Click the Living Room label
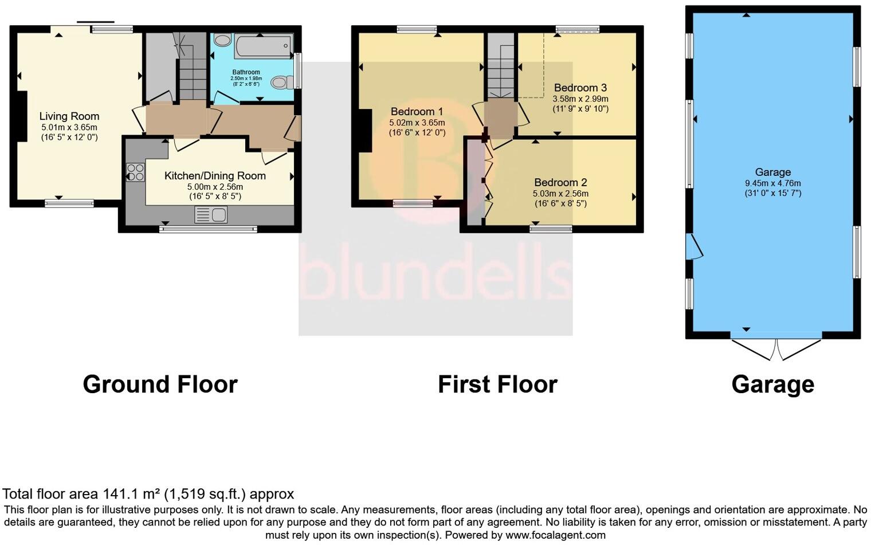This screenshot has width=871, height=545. point(69,116)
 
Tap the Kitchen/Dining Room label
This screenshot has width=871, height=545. point(215,176)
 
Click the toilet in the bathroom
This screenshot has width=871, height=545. point(280,83)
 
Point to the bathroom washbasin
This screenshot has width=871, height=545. point(222,41)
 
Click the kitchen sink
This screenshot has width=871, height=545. point(211,215)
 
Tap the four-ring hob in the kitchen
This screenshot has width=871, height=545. point(136,172)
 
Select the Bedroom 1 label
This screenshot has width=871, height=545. point(417,111)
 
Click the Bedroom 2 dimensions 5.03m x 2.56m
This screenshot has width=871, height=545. point(560,194)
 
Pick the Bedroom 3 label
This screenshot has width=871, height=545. point(580,88)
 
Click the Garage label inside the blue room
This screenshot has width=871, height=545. point(772,172)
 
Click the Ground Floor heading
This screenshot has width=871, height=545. point(160,385)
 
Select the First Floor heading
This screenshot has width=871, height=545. point(497,385)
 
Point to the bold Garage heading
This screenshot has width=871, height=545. point(772,385)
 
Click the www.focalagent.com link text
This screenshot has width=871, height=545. point(555,535)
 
